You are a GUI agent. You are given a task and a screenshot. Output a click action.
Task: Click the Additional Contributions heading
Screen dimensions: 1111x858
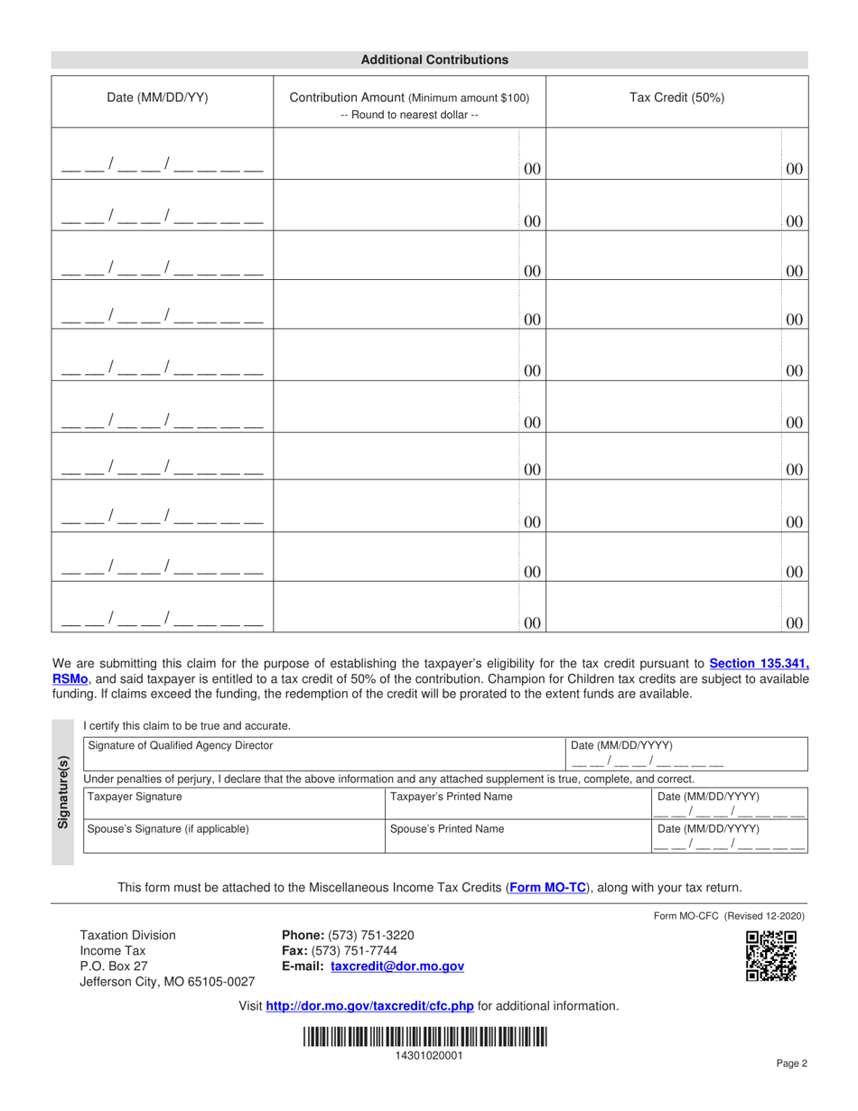[434, 60]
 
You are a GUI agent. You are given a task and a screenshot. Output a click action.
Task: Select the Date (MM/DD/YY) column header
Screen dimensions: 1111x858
[157, 98]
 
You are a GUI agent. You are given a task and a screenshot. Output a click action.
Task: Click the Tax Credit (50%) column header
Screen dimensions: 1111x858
[676, 98]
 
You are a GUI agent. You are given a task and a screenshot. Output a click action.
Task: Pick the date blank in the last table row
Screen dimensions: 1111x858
[162, 621]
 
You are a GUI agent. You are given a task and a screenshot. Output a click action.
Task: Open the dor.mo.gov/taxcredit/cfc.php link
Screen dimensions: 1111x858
[370, 1005]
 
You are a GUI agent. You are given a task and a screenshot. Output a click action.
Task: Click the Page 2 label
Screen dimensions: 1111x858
[791, 1063]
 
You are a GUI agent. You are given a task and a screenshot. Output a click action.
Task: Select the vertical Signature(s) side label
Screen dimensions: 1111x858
[63, 791]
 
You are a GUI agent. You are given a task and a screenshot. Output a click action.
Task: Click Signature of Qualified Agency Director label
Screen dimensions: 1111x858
[180, 745]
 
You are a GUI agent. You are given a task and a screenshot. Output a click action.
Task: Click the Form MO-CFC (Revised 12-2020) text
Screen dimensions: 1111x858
[729, 915]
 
